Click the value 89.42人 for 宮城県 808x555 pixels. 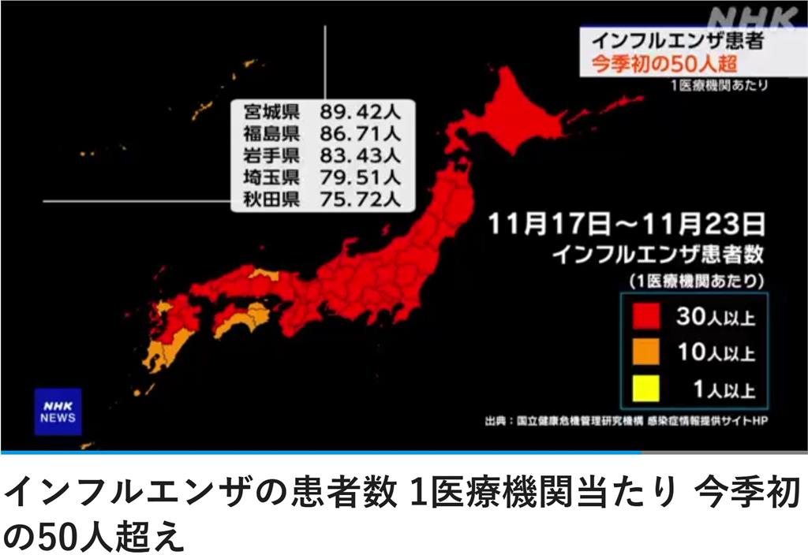(x=360, y=110)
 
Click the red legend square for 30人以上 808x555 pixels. (x=645, y=318)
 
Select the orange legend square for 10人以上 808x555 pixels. (x=645, y=352)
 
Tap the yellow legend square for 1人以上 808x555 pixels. (x=645, y=387)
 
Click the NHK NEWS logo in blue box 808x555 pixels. (x=58, y=411)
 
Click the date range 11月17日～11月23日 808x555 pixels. (x=626, y=225)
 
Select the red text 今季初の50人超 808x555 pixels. (x=664, y=65)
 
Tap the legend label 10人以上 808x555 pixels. (x=716, y=352)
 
